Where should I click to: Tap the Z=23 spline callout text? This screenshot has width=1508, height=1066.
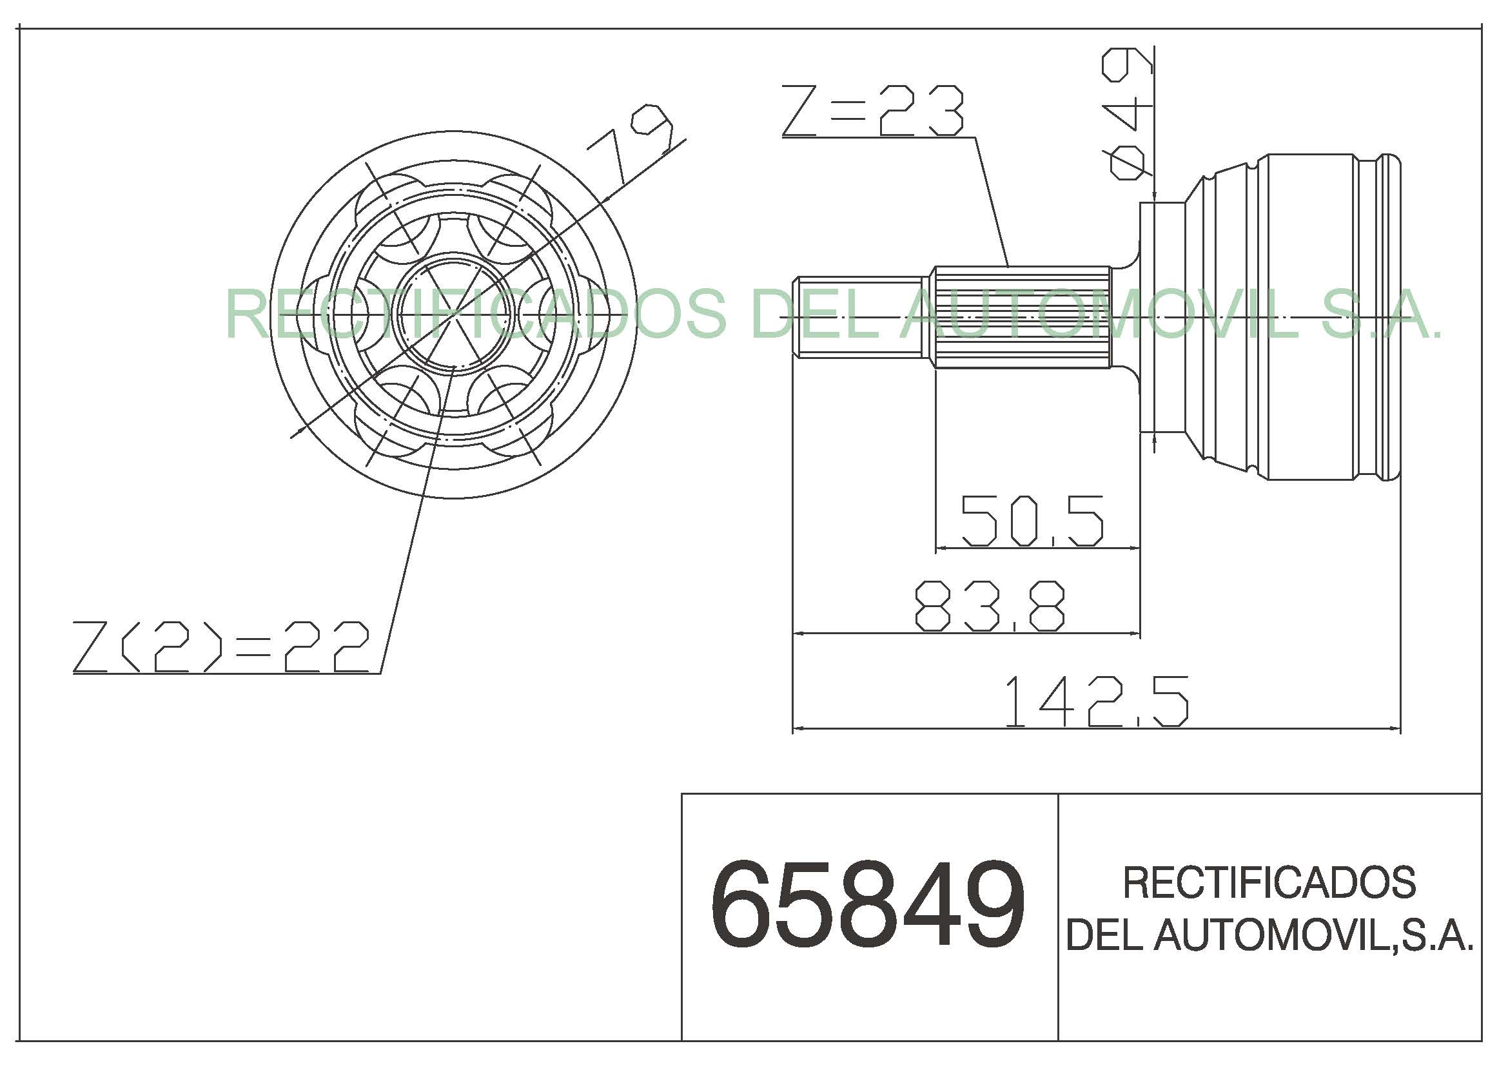coord(873,110)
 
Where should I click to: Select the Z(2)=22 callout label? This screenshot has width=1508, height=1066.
coord(221,647)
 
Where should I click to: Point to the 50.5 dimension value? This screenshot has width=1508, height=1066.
coord(1032,521)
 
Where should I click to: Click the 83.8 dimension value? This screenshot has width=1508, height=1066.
coord(989,606)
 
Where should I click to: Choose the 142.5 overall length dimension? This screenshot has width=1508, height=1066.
coord(1097,701)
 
